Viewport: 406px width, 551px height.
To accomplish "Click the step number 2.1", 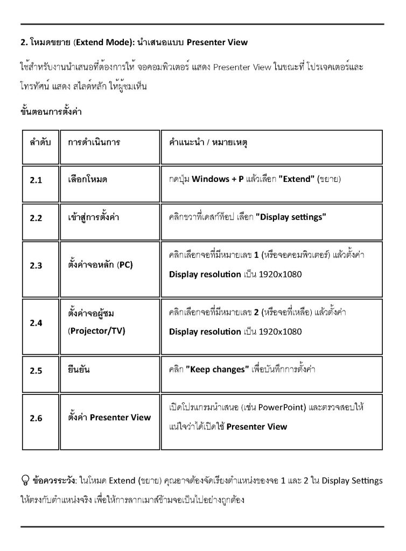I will [x=36, y=180].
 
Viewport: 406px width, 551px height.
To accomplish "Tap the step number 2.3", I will [x=36, y=265].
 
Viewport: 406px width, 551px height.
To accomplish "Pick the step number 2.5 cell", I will [x=36, y=371].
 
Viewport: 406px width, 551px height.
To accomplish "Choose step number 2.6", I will [x=36, y=418].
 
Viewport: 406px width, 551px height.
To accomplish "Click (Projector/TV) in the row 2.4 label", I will [x=96, y=331].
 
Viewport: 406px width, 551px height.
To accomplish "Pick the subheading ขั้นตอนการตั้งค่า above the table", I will [x=50, y=112].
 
